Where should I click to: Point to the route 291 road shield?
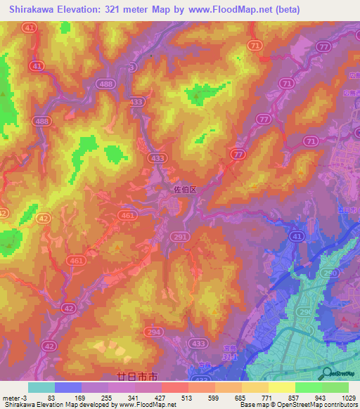tap(180, 238)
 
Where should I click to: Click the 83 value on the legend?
tap(51, 397)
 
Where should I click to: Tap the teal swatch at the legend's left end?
tap(41, 387)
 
